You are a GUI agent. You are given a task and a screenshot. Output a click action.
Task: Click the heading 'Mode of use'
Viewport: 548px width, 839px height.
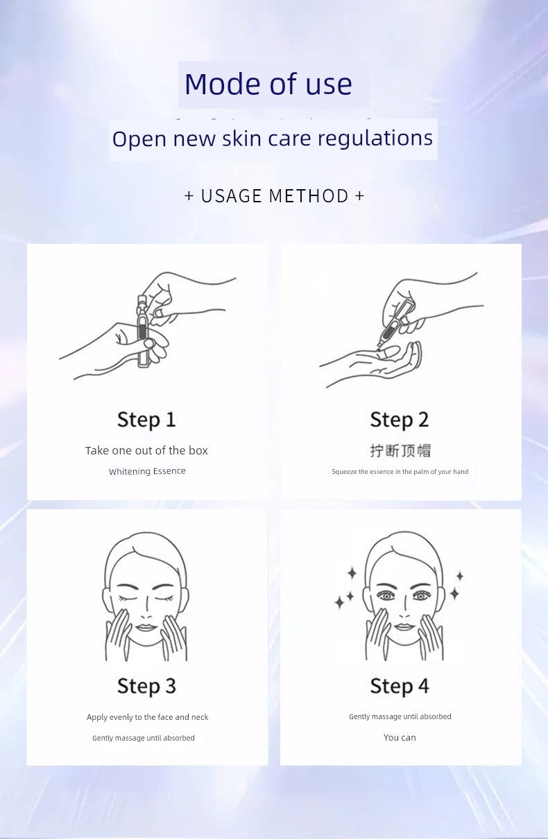[268, 84]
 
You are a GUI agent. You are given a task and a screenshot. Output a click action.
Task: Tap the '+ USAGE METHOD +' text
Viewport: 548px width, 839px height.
[274, 196]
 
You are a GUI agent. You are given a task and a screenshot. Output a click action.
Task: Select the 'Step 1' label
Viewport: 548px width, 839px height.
[146, 420]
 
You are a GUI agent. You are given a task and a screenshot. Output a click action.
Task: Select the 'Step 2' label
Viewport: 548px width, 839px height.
[400, 420]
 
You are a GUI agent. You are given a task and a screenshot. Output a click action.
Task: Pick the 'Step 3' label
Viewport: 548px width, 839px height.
[146, 687]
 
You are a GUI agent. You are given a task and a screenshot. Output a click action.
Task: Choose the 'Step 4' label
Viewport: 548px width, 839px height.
[400, 687]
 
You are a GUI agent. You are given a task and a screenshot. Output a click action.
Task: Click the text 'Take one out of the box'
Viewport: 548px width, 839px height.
[146, 450]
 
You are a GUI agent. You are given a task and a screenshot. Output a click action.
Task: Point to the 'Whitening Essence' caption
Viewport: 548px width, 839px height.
[147, 471]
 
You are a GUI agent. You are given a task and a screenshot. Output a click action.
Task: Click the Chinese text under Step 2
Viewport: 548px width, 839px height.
[400, 451]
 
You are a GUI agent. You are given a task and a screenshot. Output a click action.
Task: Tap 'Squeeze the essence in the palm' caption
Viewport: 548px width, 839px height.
[400, 472]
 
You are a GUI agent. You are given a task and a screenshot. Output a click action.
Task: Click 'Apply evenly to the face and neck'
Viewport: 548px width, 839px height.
[147, 717]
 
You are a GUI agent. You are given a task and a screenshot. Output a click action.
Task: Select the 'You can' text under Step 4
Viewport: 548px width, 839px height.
[400, 737]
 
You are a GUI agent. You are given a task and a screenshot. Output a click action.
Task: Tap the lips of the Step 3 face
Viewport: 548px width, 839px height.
[146, 627]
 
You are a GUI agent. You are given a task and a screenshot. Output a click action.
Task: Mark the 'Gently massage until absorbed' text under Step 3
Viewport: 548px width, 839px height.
[144, 738]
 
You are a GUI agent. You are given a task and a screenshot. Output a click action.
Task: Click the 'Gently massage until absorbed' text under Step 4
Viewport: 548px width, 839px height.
[400, 716]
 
